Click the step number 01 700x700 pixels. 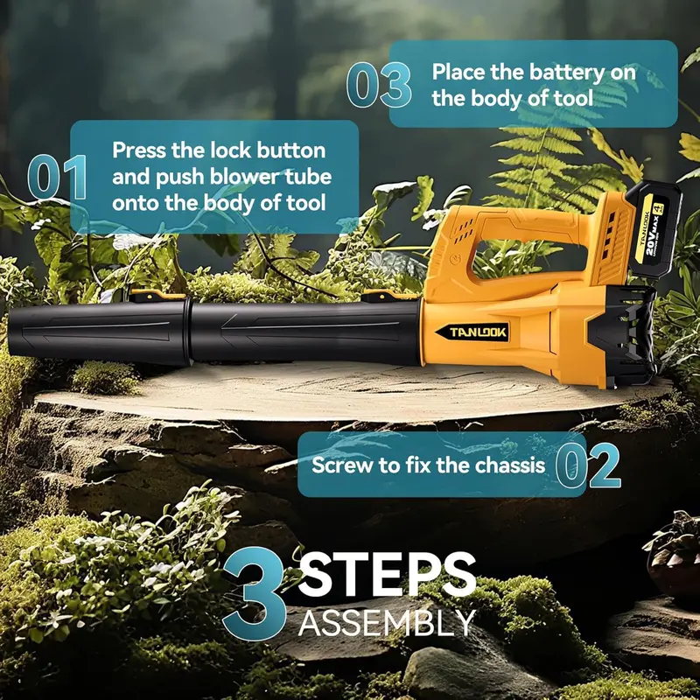point(57,177)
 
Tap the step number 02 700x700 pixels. point(588,465)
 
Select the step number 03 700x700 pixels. point(379,85)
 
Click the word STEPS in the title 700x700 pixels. point(387,574)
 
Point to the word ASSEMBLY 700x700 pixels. point(387,622)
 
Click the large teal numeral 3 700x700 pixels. point(255,593)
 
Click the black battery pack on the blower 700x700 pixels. point(654,229)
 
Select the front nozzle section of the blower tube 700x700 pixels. point(100,332)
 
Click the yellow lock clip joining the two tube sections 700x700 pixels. point(157,295)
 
